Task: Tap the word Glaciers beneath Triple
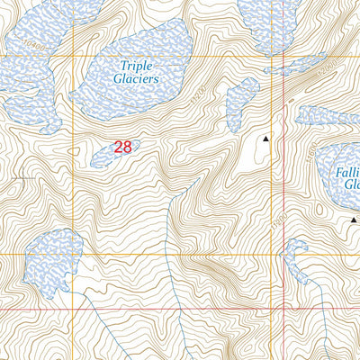point(138,78)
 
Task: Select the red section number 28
point(122,147)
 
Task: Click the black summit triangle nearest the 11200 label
point(265,139)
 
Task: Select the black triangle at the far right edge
point(354,219)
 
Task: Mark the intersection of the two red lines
point(284,309)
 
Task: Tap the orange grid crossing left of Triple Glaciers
point(74,57)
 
